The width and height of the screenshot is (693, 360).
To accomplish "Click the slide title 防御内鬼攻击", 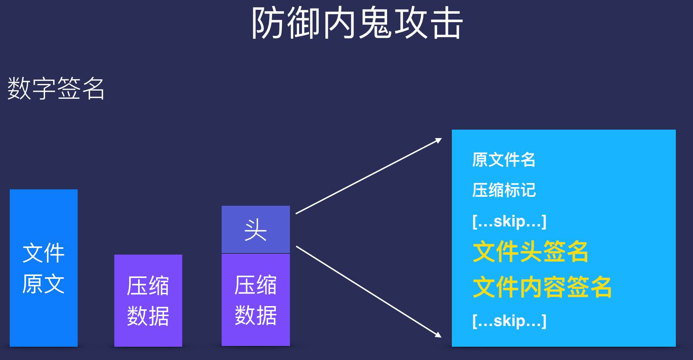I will [356, 23].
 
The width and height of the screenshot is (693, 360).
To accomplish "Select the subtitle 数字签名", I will [56, 88].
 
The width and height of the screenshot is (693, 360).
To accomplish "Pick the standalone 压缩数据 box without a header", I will [148, 300].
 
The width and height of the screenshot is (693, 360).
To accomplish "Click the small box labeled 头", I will [256, 230].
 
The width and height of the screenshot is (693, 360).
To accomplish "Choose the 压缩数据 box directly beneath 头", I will [256, 299].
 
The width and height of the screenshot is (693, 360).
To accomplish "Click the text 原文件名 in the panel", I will [503, 160].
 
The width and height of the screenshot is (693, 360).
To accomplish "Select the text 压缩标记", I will [504, 190].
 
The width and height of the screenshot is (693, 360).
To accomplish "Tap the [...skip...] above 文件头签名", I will [509, 221].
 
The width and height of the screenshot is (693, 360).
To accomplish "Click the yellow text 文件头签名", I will [530, 252].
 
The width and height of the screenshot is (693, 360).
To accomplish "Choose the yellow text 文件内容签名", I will [542, 287].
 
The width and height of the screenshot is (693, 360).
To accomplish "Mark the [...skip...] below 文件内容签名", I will [509, 321].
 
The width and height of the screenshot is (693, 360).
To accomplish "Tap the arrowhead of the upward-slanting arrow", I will [439, 140].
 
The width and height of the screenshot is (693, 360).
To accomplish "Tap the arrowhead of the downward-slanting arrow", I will [439, 335].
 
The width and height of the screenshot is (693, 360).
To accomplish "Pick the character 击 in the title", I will [445, 23].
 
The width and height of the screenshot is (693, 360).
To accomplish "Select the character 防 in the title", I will [267, 23].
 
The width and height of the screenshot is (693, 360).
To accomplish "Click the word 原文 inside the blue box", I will [43, 284].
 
